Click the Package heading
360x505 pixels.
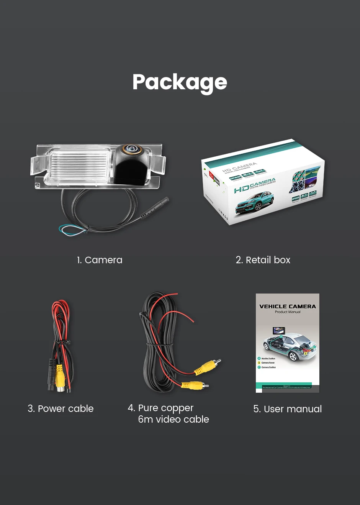coord(180,82)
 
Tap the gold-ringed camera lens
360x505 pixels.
coord(131,149)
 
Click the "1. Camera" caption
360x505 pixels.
coord(100,260)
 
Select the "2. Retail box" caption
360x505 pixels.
coord(263,260)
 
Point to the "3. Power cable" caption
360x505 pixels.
coord(61,409)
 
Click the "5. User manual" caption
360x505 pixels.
coord(287,409)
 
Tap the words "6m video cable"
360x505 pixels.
coord(173,420)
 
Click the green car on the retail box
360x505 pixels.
coord(254,202)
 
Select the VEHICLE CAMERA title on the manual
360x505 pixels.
coord(288,307)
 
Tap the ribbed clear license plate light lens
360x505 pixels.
coord(79,165)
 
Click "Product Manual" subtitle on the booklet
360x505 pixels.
coord(288,312)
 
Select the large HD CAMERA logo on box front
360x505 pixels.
coord(254,185)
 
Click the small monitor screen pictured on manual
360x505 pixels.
coord(278,331)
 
